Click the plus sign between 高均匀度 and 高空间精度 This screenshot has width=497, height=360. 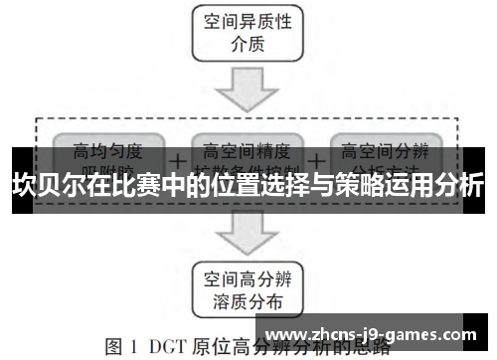tap(178, 159)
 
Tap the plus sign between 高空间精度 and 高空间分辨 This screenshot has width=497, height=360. tap(316, 159)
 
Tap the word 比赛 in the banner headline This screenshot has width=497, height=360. tap(142, 185)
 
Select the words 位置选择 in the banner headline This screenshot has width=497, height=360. tap(255, 185)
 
